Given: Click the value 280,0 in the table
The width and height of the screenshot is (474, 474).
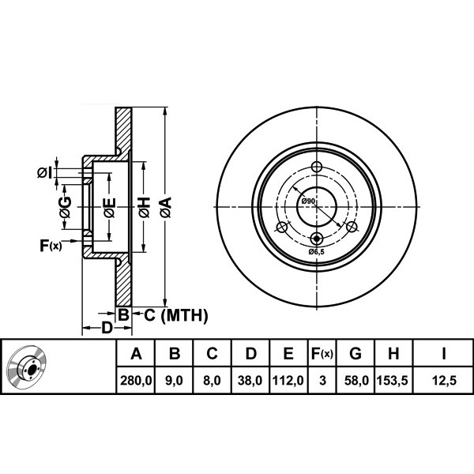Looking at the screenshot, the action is point(136,380).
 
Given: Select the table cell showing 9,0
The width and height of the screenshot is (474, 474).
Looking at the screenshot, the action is point(174,380).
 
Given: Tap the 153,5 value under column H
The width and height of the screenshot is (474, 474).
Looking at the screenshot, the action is point(393,380).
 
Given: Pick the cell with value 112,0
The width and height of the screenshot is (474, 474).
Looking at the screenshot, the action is point(288,380).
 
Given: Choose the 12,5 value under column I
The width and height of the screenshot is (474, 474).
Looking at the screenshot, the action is point(444,380).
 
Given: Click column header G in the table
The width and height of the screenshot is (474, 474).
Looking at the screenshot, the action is point(355,353).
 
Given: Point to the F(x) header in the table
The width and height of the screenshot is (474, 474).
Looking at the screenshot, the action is point(322,353).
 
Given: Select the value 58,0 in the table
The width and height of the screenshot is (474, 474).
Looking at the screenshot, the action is point(357,380).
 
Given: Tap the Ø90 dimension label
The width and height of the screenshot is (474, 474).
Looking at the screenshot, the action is point(308,201).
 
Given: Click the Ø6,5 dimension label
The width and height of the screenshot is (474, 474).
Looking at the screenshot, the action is point(316,251).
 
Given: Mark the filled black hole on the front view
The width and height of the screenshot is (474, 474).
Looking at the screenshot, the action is point(317,239).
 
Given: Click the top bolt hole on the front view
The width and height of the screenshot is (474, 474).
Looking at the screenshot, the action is point(317,166).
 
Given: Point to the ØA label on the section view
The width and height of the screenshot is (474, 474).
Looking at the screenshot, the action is point(166,207).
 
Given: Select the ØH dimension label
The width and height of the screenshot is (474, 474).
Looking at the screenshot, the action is point(145,207).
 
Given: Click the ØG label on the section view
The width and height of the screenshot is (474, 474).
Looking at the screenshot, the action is point(66,207).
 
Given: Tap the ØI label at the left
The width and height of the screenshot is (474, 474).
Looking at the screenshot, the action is point(44,172).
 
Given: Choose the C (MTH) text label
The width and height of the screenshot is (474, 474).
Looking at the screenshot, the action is point(176,315).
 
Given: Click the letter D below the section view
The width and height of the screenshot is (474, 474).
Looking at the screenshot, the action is point(107,328).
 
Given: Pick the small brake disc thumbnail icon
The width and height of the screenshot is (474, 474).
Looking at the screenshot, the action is point(27,366).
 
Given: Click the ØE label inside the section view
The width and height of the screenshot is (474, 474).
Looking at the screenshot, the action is point(109,207).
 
